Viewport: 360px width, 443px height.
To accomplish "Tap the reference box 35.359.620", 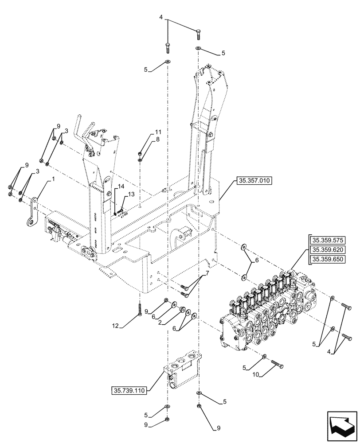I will pos(329,250).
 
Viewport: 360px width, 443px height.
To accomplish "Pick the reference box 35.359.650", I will pos(329,260).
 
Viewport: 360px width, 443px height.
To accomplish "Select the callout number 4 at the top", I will pos(161,18).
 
